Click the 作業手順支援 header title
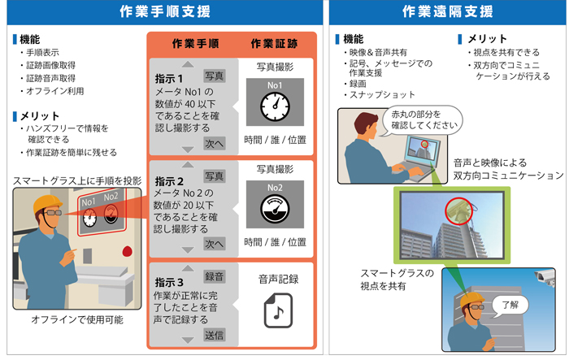pyautogui.click(x=165, y=11)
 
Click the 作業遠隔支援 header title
pyautogui.click(x=447, y=11)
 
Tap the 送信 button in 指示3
pyautogui.click(x=214, y=335)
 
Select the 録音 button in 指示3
pyautogui.click(x=214, y=276)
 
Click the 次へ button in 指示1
pyautogui.click(x=214, y=143)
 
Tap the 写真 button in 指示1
pyautogui.click(x=214, y=76)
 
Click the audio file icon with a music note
pyautogui.click(x=278, y=310)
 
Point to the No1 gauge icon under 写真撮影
pyautogui.click(x=275, y=106)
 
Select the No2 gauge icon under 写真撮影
pyautogui.click(x=275, y=209)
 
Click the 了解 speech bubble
pyautogui.click(x=510, y=305)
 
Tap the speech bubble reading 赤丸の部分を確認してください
pyautogui.click(x=423, y=119)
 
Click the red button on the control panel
pyautogui.click(x=127, y=251)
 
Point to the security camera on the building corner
pyautogui.click(x=545, y=279)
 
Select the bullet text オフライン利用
pyautogui.click(x=55, y=91)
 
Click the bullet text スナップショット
pyautogui.click(x=382, y=95)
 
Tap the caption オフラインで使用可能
pyautogui.click(x=77, y=319)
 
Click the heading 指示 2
pyautogui.click(x=169, y=181)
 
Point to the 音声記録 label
pyautogui.click(x=278, y=279)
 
